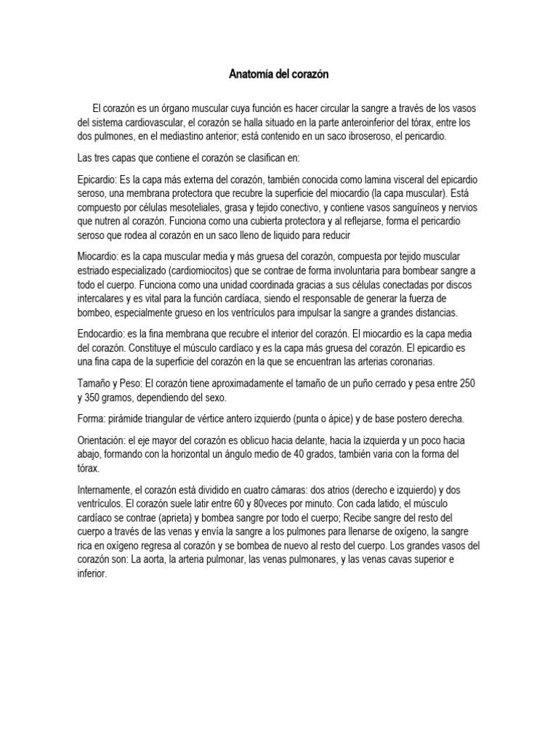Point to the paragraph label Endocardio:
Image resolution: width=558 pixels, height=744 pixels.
click(101, 333)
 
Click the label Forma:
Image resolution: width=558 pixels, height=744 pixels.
click(91, 419)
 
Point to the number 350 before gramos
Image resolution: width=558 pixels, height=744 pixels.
click(96, 397)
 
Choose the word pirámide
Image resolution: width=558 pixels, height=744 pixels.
click(126, 419)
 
